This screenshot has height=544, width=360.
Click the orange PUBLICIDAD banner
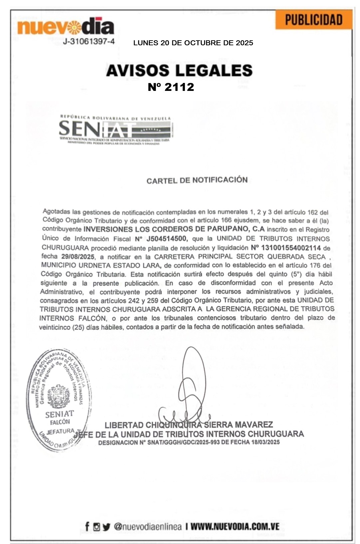313,20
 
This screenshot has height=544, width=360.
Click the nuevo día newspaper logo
66,27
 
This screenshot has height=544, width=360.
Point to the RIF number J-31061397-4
89,42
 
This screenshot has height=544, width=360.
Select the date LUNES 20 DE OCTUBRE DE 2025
193,43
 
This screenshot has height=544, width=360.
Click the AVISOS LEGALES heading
179,71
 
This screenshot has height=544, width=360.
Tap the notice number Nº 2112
171,87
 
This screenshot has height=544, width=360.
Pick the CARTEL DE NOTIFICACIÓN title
197,180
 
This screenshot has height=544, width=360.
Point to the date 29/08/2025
78,257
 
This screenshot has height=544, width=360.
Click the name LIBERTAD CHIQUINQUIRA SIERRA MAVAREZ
189,425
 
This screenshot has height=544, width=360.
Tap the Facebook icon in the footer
87,527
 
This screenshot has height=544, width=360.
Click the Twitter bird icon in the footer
106,527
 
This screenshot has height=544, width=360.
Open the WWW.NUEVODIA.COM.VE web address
235,527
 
